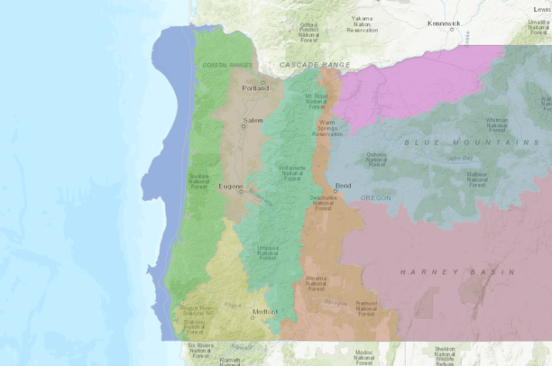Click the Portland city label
[254, 87]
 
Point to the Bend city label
[343, 186]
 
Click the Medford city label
[265, 312]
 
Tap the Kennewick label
[443, 23]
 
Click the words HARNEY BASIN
[457, 271]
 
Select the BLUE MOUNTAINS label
[472, 142]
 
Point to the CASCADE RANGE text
[314, 65]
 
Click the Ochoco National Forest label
[376, 160]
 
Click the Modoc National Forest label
[363, 356]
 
